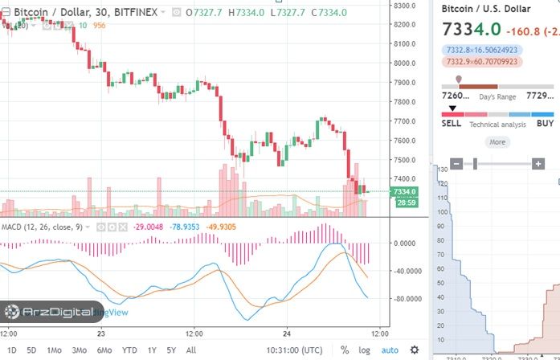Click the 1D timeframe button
pyautogui.click(x=11, y=350)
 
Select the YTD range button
pyautogui.click(x=129, y=350)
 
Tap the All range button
pyautogui.click(x=190, y=350)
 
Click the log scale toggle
pyautogui.click(x=364, y=350)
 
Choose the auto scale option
pyautogui.click(x=390, y=350)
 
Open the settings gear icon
pyautogui.click(x=414, y=350)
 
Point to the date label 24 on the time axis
pyautogui.click(x=286, y=333)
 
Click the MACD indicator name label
pyautogui.click(x=11, y=227)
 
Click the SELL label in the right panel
pyautogui.click(x=452, y=124)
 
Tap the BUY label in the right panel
pyautogui.click(x=545, y=124)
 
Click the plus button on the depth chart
pyautogui.click(x=538, y=164)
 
